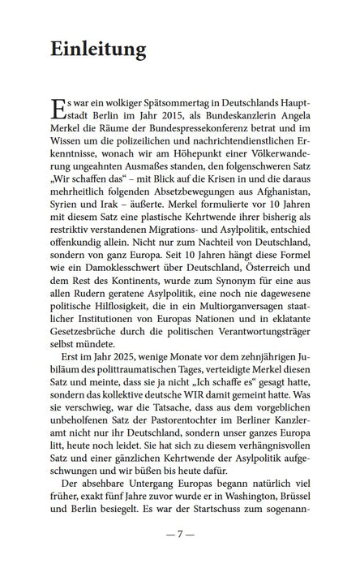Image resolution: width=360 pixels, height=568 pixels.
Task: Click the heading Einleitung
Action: (97, 49)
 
